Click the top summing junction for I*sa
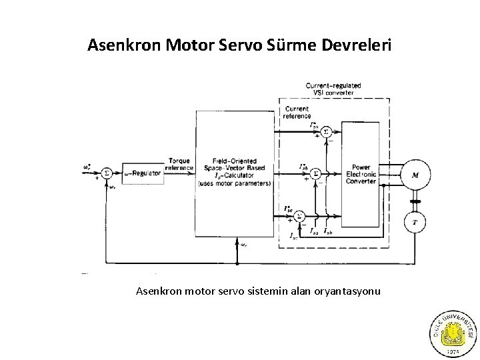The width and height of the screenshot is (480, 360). pyautogui.click(x=326, y=132)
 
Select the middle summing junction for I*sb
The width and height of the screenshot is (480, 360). pyautogui.click(x=317, y=173)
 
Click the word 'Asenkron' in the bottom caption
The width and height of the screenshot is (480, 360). pyautogui.click(x=159, y=291)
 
